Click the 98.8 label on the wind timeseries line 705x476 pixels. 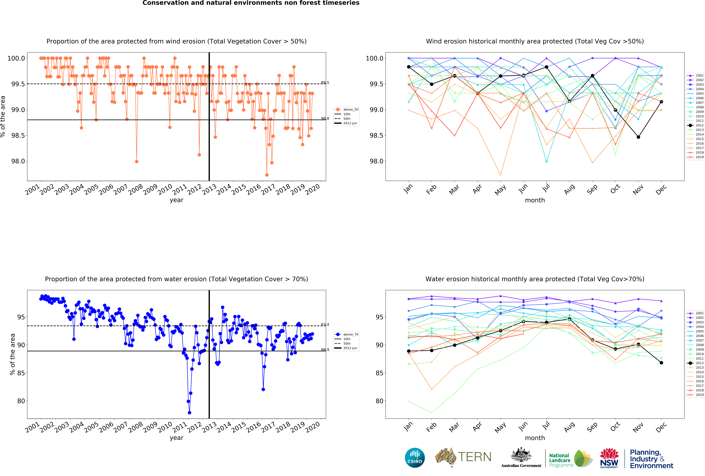tap(325, 119)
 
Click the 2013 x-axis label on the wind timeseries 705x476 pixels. tap(209, 189)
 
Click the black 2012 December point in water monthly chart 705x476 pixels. tap(661, 363)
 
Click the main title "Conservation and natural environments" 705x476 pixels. tap(251, 3)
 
